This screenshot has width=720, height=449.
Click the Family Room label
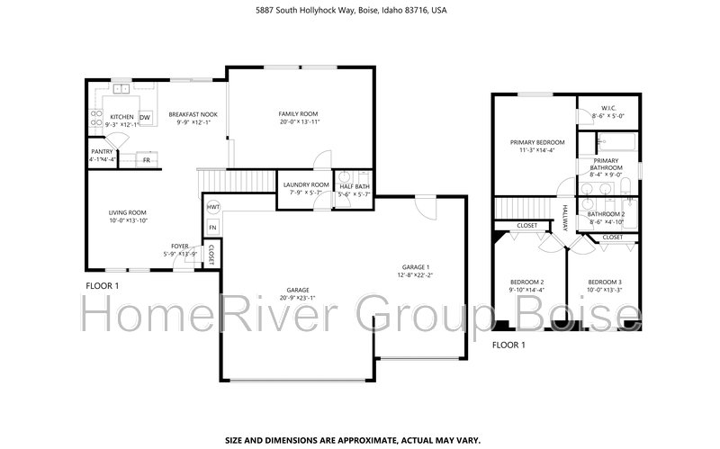pyautogui.click(x=299, y=113)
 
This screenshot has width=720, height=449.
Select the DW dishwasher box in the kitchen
pyautogui.click(x=145, y=117)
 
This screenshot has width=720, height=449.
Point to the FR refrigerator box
pyautogui.click(x=146, y=159)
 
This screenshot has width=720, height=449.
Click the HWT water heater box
pyautogui.click(x=212, y=207)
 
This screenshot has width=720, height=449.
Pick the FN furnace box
pyautogui.click(x=212, y=229)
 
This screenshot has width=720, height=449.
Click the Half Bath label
pyautogui.click(x=354, y=185)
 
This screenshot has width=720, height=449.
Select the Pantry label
pyautogui.click(x=102, y=152)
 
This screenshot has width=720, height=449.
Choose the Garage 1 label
pyautogui.click(x=415, y=267)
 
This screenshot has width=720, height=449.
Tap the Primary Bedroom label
pyautogui.click(x=537, y=142)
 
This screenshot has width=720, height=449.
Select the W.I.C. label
pyautogui.click(x=602, y=108)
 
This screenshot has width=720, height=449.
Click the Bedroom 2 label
pyautogui.click(x=526, y=282)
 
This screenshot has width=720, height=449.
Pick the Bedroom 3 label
pyautogui.click(x=605, y=282)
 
